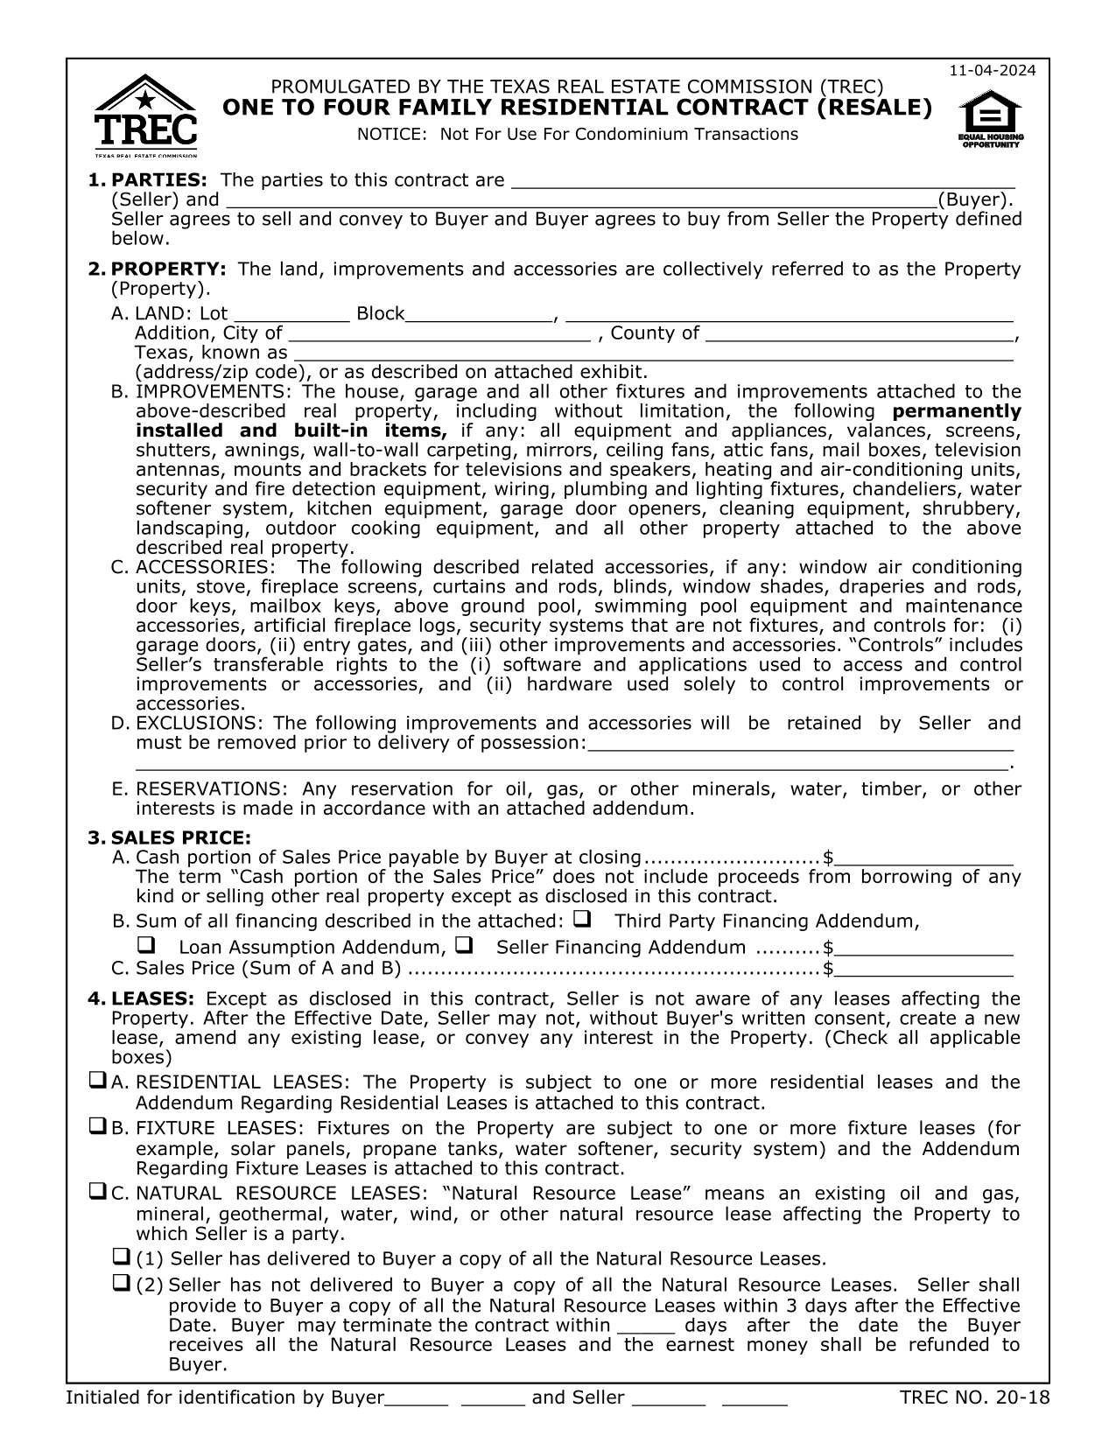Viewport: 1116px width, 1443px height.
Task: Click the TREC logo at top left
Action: tap(145, 115)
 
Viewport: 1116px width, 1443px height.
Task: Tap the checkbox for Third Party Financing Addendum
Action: tap(581, 920)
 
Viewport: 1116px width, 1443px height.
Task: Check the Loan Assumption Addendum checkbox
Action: tap(146, 946)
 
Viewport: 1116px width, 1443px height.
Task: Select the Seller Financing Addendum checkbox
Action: tap(464, 946)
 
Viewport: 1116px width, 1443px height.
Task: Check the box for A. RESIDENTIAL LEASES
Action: tap(97, 1081)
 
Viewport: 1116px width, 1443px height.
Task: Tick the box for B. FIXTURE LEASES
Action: tap(97, 1127)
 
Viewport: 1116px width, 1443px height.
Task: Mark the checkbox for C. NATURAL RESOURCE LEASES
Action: tap(97, 1192)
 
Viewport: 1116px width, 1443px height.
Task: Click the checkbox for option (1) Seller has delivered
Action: tap(122, 1257)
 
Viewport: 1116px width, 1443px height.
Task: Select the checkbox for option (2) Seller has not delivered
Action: tap(122, 1284)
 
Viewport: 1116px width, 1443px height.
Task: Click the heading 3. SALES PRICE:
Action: tap(170, 837)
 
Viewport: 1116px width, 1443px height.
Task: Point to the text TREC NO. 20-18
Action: tap(973, 1397)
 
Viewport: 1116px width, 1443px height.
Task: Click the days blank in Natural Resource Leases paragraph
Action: tap(645, 1325)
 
